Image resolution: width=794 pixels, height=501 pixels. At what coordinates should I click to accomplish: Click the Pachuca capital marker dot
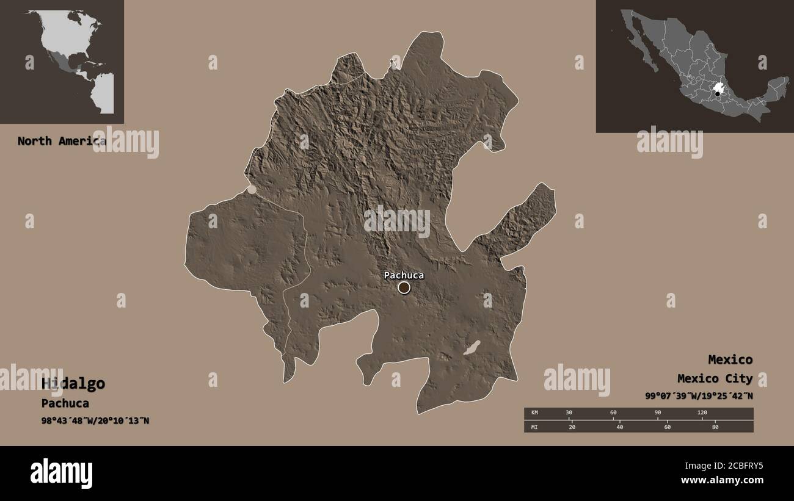[x=404, y=287]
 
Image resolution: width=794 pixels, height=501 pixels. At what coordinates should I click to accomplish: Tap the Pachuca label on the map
[x=404, y=275]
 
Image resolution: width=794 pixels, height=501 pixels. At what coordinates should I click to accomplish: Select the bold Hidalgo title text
[x=73, y=384]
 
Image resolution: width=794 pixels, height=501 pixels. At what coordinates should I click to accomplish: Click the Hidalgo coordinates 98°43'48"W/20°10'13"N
[x=95, y=420]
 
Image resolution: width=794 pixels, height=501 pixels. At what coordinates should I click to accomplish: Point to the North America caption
[x=61, y=141]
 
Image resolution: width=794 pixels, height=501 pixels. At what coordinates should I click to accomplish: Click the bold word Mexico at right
[x=730, y=359]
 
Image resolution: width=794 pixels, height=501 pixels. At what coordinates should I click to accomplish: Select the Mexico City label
[x=715, y=379]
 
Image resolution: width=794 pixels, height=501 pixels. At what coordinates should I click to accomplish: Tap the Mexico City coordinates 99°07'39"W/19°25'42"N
[x=699, y=395]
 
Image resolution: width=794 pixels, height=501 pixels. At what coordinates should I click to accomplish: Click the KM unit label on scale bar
[x=534, y=413]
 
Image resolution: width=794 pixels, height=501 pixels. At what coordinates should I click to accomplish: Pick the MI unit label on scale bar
[x=534, y=427]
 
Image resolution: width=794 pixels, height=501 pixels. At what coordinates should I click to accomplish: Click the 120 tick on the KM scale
[x=702, y=413]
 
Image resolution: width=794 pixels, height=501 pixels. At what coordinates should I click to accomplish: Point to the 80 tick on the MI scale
[x=715, y=427]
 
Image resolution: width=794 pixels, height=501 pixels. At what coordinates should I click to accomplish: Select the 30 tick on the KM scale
[x=569, y=413]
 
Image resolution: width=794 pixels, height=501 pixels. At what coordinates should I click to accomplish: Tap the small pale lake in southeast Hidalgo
[x=472, y=348]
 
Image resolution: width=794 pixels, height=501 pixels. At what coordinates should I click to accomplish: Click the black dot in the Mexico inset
[x=718, y=94]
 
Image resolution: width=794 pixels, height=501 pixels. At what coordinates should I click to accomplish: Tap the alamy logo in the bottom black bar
[x=61, y=473]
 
